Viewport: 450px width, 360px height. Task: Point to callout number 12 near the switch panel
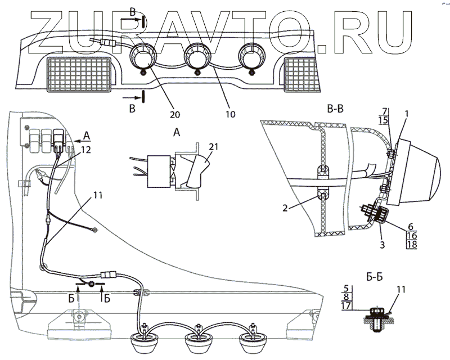click(85, 150)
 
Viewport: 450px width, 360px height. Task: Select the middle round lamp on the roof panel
click(197, 57)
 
